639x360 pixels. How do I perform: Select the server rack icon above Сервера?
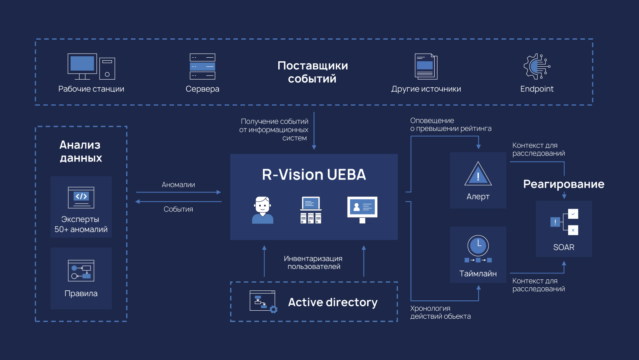202,66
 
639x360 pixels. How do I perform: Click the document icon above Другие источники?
426,66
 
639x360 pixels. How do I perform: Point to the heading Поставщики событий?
313,72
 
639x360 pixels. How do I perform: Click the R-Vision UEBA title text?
314,175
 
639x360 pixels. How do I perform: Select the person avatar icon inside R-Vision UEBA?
263,210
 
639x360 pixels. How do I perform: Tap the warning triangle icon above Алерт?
478,174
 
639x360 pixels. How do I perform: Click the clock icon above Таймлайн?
478,246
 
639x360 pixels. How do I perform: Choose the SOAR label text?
563,247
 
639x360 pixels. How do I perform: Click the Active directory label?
332,302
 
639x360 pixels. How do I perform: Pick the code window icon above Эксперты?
81,197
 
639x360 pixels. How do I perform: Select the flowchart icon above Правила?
81,270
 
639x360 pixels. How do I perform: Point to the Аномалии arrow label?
178,184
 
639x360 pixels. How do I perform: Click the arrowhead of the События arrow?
137,201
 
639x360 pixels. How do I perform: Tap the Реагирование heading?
563,184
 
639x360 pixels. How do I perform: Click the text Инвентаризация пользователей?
313,262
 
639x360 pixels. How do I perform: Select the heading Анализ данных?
81,151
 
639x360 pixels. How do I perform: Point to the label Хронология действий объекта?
440,312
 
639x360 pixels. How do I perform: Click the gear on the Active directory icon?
274,310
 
